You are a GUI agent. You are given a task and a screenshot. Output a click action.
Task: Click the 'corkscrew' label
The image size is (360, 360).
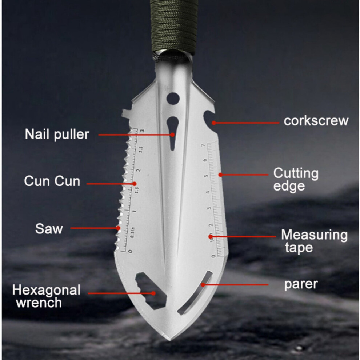click(x=316, y=121)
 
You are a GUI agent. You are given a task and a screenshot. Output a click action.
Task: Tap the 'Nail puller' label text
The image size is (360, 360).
click(x=57, y=134)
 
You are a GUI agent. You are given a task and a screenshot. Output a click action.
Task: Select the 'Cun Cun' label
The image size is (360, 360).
click(x=52, y=181)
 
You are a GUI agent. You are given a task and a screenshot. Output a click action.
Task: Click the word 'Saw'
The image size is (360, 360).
click(x=49, y=228)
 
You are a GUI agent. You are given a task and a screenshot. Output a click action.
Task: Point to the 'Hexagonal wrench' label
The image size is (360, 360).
click(x=46, y=296)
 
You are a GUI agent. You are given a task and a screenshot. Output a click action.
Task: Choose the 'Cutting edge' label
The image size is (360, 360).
click(x=296, y=179)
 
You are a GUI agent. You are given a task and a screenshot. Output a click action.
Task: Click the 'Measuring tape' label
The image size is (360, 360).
click(x=314, y=241)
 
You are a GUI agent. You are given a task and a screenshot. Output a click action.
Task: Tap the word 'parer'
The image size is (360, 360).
click(x=301, y=284)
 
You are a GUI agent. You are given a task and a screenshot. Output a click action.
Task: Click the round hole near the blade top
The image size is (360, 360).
click(x=173, y=99)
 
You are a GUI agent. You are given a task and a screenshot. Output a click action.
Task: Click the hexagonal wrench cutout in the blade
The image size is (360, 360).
click(x=151, y=291)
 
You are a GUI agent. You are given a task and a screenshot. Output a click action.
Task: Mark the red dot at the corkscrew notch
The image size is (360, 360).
click(x=214, y=123)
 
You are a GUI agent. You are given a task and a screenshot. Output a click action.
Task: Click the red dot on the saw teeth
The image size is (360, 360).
click(x=118, y=228)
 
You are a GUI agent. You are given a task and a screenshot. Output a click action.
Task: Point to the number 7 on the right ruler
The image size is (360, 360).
click(x=203, y=145)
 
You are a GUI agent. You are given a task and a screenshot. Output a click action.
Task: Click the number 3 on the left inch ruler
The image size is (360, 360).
click(x=142, y=131)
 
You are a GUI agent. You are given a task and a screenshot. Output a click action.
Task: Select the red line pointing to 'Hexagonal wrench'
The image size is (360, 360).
click(x=120, y=293)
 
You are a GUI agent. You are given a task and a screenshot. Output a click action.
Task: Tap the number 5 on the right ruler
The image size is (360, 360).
click(x=206, y=176)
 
